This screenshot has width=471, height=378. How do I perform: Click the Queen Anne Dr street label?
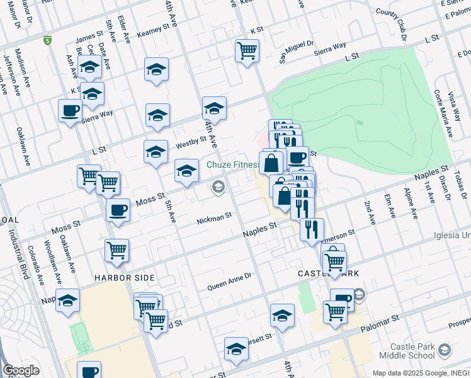pos(230,277)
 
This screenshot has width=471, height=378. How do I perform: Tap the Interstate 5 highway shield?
pos(47,41)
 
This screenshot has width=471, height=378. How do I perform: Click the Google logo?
pos(20,370)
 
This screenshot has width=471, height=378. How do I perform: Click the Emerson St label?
pos(338,236)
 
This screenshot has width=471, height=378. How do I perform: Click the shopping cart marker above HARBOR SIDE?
pos(117,251)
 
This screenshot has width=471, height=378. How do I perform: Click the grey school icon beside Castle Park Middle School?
pos(445,350)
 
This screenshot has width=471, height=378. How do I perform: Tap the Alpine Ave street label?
pos(410,203)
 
